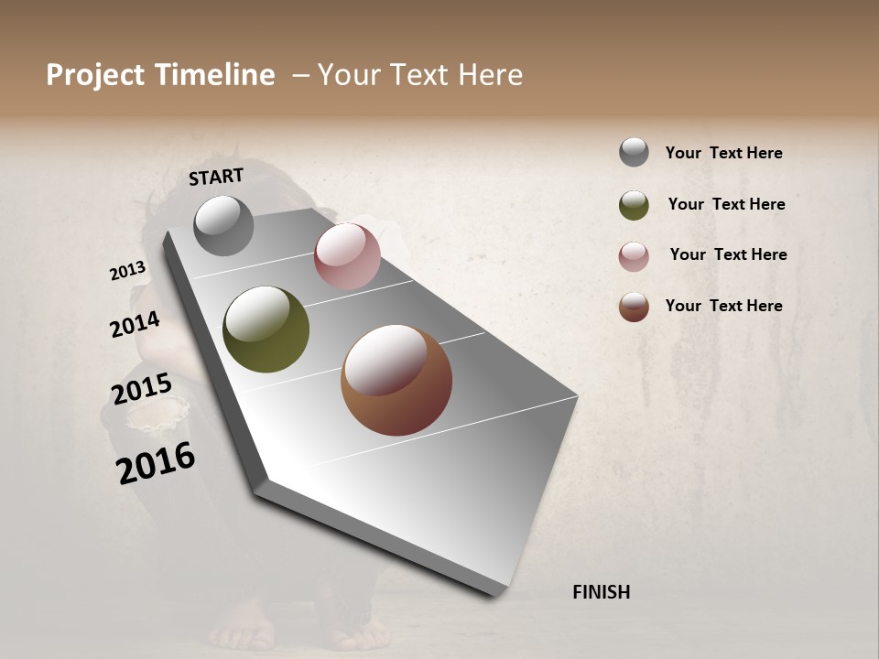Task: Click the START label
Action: [216, 177]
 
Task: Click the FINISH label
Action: [601, 592]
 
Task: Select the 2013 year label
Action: [128, 271]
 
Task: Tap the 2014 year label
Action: [135, 324]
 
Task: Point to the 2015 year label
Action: [142, 389]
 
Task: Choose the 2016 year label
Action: [156, 462]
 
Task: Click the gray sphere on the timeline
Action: [223, 225]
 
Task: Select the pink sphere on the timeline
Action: [347, 256]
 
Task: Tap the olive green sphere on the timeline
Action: [266, 329]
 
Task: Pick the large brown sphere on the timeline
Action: [396, 380]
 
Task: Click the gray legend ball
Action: [634, 152]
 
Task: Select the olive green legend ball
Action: [634, 205]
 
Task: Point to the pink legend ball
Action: [634, 256]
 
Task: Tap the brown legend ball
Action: [634, 307]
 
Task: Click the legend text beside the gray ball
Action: [723, 153]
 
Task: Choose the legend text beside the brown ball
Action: [723, 306]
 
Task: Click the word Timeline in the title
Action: [214, 75]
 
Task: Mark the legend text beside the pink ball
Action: [728, 254]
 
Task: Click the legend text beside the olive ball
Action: [726, 204]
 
